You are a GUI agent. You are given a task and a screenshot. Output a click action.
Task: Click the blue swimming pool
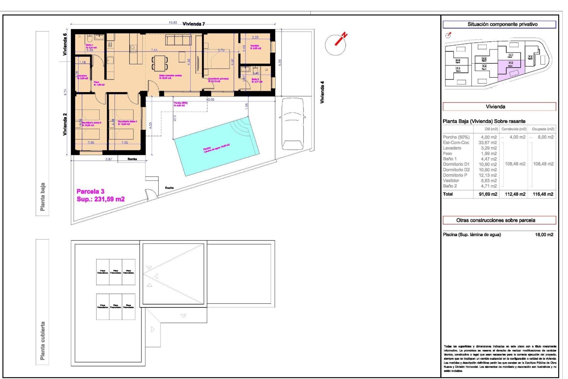click(x=216, y=147)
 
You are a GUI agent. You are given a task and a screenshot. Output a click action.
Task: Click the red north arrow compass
click(x=337, y=43)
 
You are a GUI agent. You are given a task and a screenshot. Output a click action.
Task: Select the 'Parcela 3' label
click(x=91, y=192)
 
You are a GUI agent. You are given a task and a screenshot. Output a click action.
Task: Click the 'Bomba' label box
click(x=132, y=159)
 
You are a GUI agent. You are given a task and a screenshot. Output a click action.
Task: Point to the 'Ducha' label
click(x=169, y=188)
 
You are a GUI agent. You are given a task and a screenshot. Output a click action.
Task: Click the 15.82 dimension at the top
click(x=173, y=23)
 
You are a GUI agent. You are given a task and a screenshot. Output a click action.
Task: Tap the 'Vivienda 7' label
click(x=193, y=24)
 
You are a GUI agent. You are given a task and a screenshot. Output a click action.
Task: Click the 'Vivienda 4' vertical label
click(x=322, y=92)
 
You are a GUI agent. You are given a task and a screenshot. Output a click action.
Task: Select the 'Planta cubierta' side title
click(x=43, y=341)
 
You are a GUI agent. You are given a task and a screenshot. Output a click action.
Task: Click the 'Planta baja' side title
click(x=43, y=197)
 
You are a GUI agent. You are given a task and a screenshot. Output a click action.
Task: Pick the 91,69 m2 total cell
click(x=488, y=194)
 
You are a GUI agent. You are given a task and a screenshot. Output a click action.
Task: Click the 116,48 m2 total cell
click(x=543, y=194)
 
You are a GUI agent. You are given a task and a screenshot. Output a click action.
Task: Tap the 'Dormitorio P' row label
click(x=455, y=175)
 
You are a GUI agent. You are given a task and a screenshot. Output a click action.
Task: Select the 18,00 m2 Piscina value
click(x=544, y=235)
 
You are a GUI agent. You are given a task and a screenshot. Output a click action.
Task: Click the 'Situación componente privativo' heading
click(x=502, y=24)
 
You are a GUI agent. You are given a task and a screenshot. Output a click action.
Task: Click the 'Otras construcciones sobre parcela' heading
click(x=496, y=220)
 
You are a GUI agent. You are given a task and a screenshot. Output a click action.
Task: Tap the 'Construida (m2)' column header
click(x=514, y=129)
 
